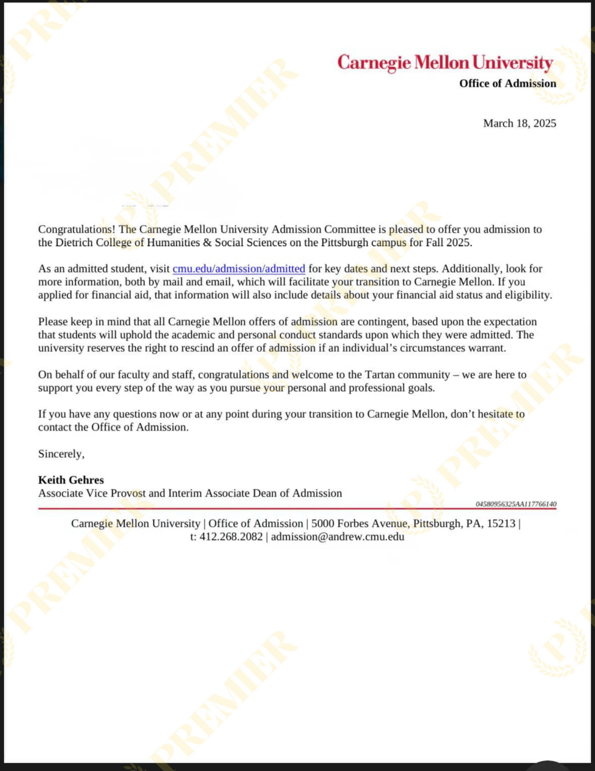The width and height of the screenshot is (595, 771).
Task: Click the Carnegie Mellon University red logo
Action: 445,63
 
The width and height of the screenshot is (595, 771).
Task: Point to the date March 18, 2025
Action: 519,123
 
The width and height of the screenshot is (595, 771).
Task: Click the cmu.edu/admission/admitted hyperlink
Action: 239,269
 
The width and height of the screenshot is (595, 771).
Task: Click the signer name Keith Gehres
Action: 71,480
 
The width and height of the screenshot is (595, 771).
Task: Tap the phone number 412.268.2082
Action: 231,537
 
